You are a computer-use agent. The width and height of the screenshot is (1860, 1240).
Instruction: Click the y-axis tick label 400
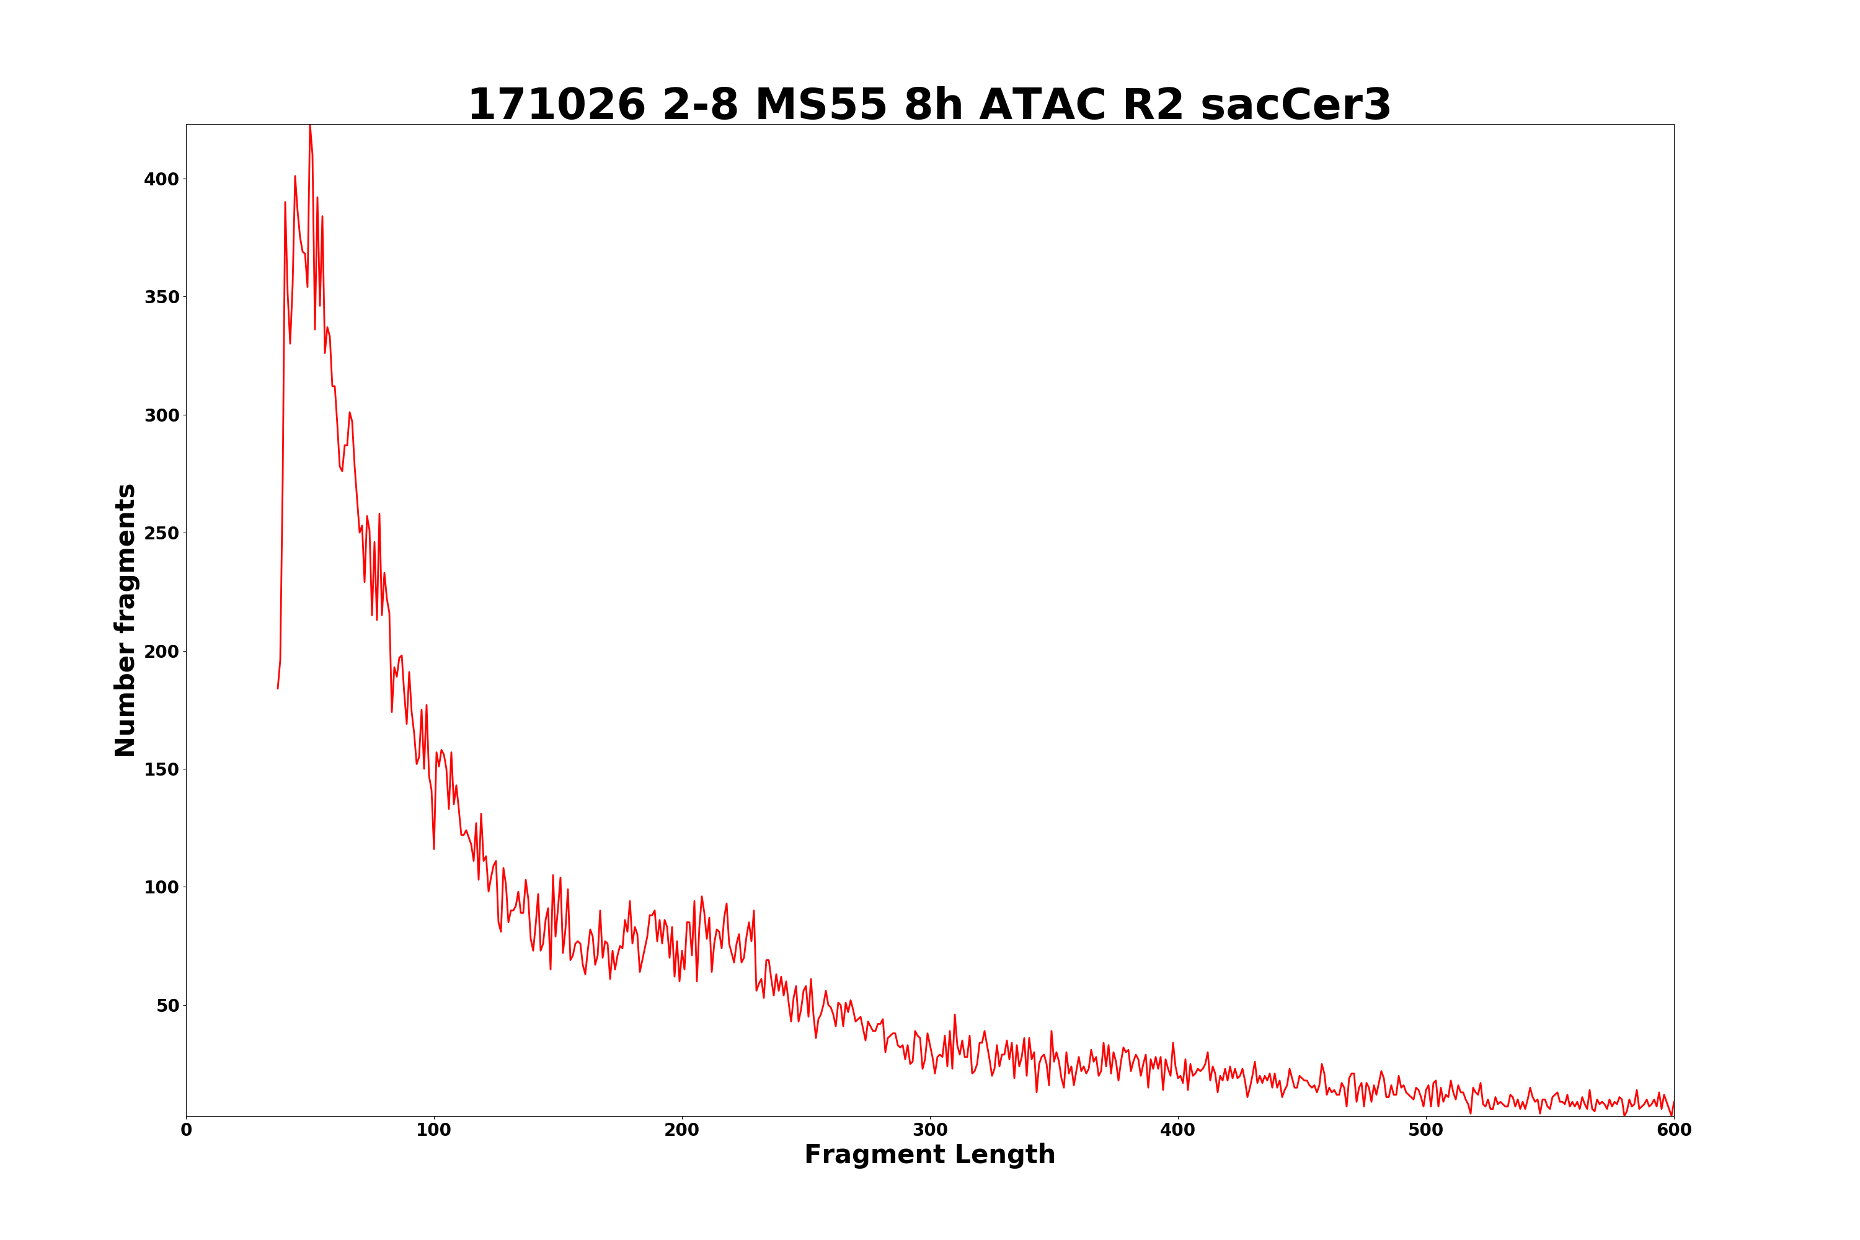pos(161,180)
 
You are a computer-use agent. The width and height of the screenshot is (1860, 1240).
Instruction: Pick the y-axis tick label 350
pos(161,298)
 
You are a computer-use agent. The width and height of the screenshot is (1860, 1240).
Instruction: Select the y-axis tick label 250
pos(161,534)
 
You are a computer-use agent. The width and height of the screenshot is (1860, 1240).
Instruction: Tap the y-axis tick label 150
pos(161,769)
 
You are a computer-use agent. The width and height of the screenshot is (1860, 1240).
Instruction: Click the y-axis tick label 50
pos(167,1006)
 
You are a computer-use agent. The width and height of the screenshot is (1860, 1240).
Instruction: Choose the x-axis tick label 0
pos(187,1131)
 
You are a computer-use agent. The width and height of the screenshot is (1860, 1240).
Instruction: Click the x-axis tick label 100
pos(434,1131)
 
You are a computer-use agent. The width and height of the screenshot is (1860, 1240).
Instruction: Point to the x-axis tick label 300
pos(930,1131)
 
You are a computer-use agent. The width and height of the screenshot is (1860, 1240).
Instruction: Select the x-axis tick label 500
pos(1426,1131)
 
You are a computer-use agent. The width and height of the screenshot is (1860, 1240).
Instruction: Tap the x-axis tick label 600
pos(1673,1131)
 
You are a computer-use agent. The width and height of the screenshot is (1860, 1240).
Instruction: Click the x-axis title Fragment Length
pos(929,1156)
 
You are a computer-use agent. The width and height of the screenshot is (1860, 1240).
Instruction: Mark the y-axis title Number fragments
pos(125,620)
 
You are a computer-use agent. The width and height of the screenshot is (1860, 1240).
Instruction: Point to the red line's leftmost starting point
pos(278,688)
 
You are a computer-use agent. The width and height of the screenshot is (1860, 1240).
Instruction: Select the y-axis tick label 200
pos(161,652)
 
